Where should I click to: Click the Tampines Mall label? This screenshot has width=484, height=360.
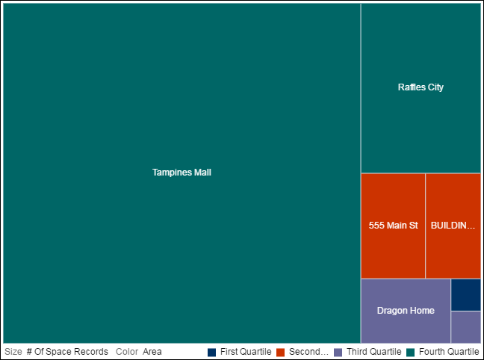coord(181,173)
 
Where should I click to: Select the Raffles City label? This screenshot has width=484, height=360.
coord(421,87)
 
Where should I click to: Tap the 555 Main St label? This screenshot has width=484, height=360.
coord(393,225)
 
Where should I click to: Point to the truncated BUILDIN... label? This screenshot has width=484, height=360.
coord(453,225)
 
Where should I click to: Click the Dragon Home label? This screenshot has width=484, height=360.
coord(406,311)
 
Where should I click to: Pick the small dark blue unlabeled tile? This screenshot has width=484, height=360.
coord(465,294)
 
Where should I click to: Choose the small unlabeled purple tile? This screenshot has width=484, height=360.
coord(465,326)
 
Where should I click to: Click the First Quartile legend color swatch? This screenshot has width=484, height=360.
coord(211,352)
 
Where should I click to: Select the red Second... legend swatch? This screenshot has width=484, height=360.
coord(281,352)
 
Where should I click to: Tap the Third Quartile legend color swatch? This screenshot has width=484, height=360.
coord(338,352)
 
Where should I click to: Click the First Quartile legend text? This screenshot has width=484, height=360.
coord(246,352)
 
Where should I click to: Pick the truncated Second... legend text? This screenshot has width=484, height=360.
coord(308,352)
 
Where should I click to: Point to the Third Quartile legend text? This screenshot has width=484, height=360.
coord(374,352)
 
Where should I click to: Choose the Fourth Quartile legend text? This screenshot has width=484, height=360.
coord(448,352)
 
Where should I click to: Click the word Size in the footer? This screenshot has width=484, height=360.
coord(13,352)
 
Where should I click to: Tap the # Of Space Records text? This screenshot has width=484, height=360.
coord(67,352)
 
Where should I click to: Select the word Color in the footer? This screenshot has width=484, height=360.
coord(127,352)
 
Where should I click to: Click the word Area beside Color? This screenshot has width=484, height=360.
coord(152,352)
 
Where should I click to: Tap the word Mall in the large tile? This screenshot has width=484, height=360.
coord(202,173)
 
